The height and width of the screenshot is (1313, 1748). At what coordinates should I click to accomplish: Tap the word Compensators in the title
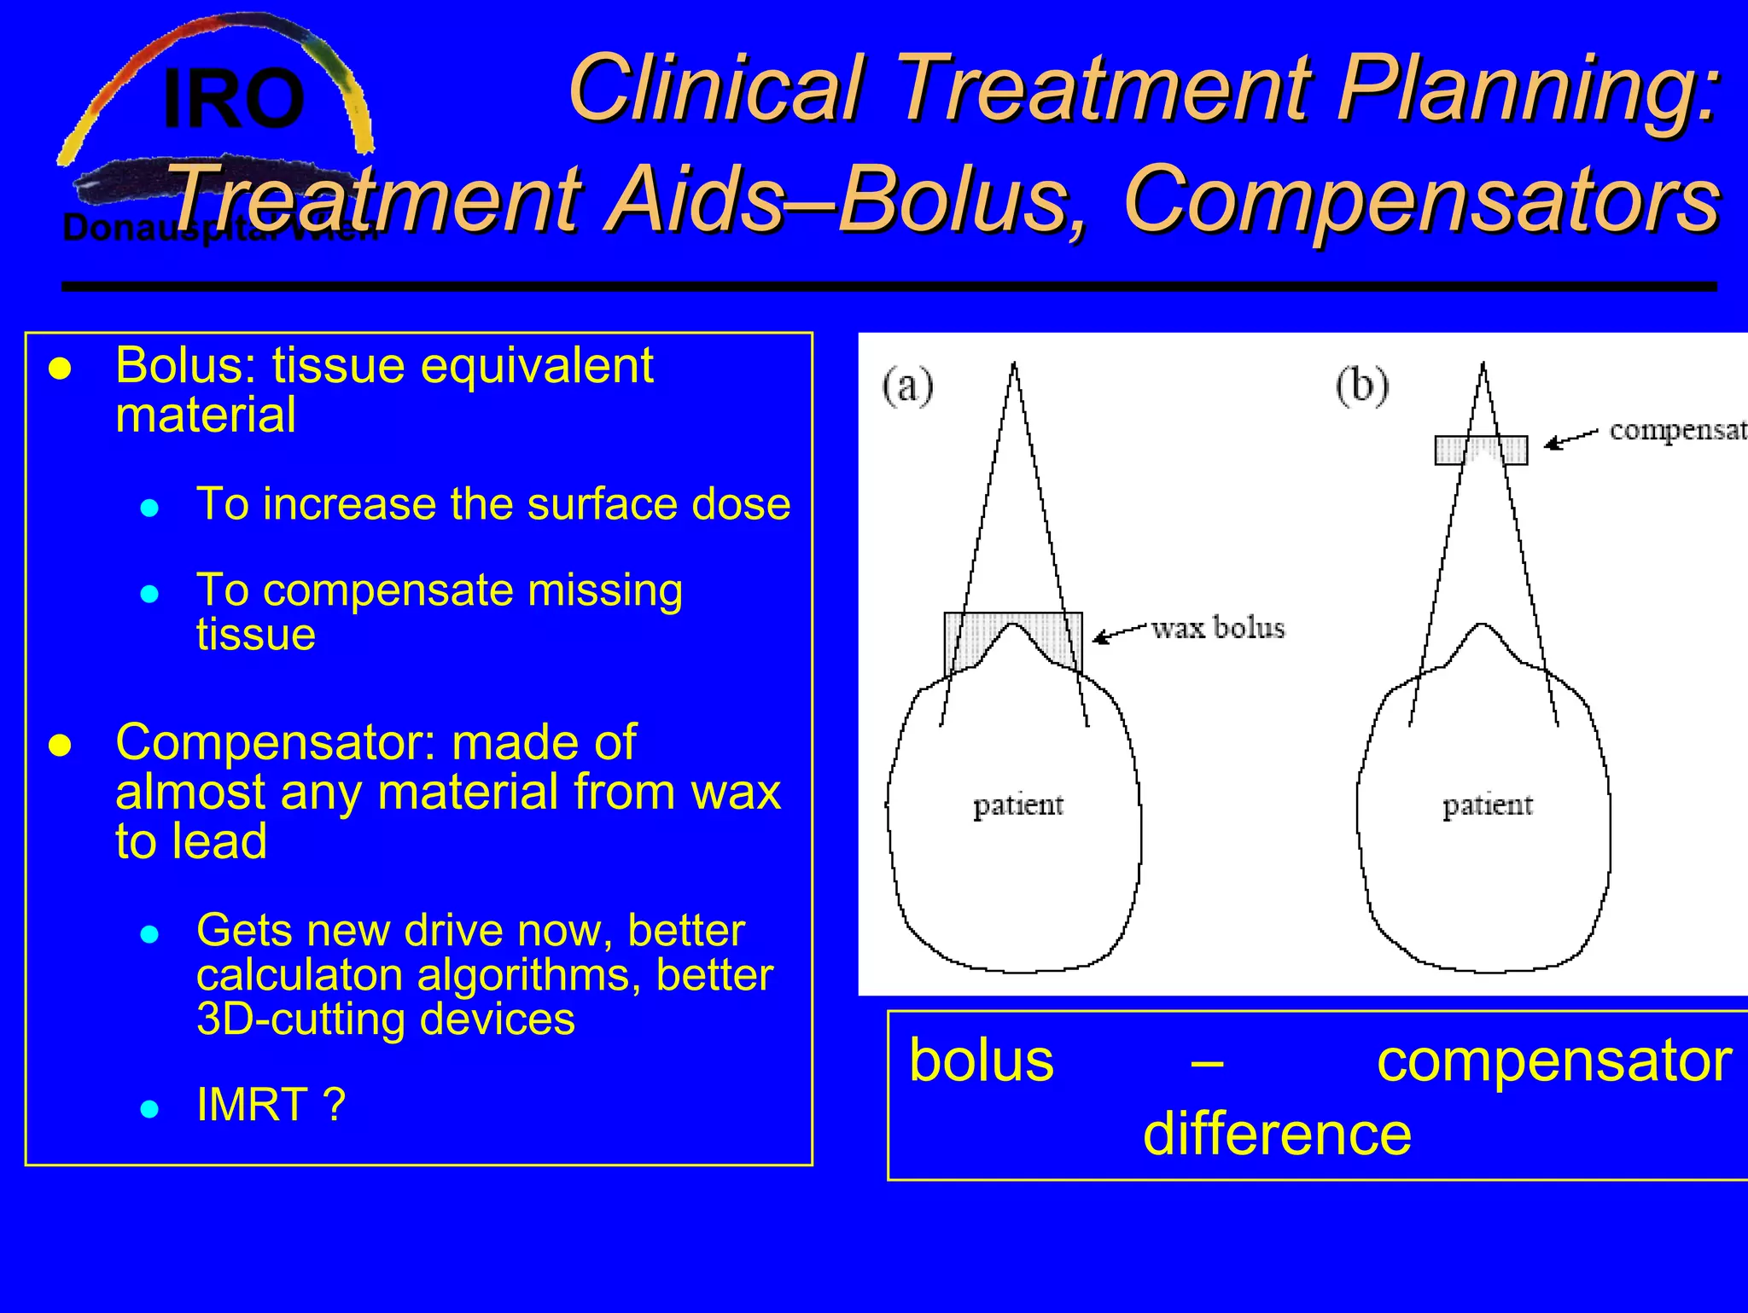[x=1421, y=200]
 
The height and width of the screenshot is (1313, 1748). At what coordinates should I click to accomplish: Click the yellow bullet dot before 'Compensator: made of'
[x=60, y=746]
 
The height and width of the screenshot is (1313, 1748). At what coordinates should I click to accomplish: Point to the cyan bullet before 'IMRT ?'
[x=150, y=1108]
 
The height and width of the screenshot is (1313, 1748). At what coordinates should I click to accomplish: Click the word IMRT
[x=253, y=1105]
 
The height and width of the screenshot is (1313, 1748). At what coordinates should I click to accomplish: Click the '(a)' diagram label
[x=907, y=386]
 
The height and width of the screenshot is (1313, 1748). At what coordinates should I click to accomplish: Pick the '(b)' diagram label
[x=1361, y=386]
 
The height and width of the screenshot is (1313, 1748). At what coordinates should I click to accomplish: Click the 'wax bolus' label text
[x=1217, y=629]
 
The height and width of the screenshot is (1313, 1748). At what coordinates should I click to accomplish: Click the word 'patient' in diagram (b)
[x=1487, y=805]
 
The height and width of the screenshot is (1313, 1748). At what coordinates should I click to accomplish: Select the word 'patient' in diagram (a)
[x=1017, y=805]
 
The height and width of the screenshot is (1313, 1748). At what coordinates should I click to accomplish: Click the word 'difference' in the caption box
[x=1277, y=1135]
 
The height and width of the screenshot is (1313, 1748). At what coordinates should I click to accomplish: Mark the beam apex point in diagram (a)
[x=1014, y=365]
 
